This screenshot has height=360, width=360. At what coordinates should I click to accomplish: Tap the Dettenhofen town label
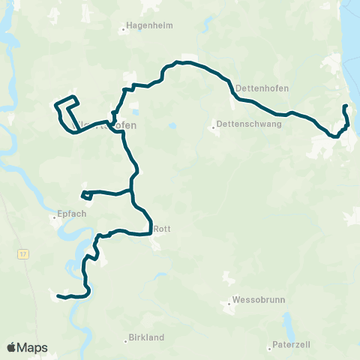tap(258, 88)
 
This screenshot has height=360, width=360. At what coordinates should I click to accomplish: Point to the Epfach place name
tap(71, 214)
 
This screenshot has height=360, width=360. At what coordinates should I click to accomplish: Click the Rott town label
tap(162, 229)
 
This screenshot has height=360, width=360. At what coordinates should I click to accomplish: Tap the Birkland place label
tap(146, 338)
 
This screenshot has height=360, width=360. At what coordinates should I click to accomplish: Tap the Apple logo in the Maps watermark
tap(11, 347)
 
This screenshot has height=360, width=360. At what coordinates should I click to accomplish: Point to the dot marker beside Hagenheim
tap(124, 31)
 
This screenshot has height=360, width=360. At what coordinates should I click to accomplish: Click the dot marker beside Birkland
tap(125, 341)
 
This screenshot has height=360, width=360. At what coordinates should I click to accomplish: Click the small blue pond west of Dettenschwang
tap(172, 126)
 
